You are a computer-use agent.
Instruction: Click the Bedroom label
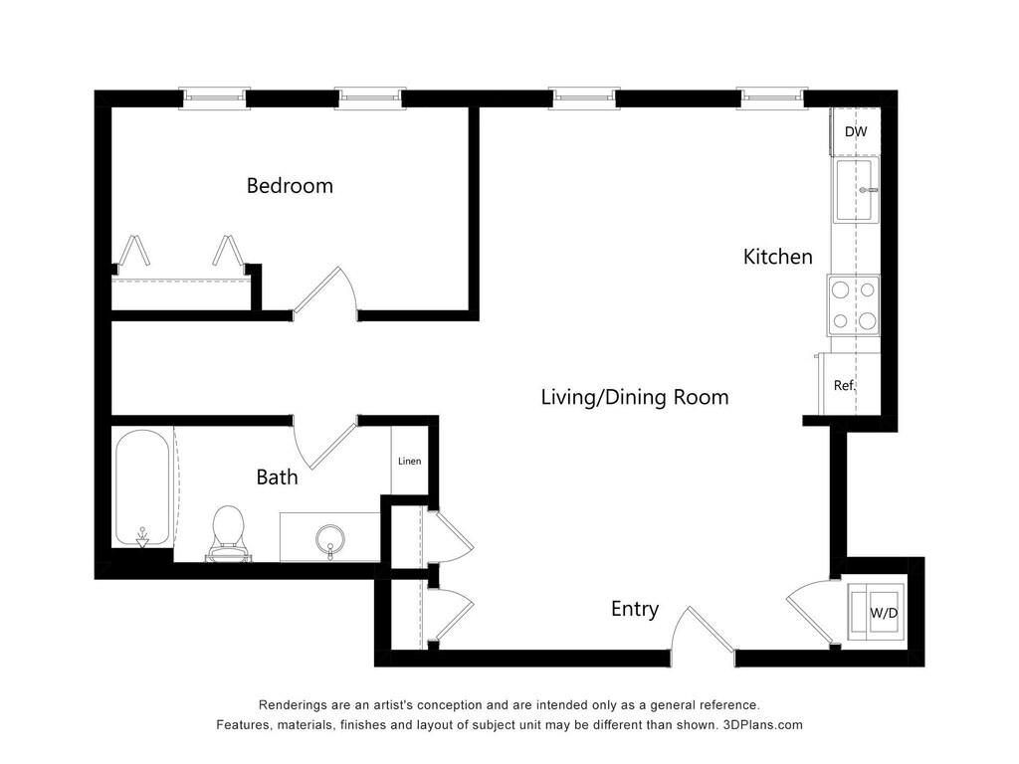tap(290, 186)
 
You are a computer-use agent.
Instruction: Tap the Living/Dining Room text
tap(635, 397)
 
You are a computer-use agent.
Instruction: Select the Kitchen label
tap(778, 257)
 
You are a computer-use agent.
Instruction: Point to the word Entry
tap(635, 609)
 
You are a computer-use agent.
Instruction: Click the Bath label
tap(277, 477)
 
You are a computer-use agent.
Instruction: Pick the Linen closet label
tap(409, 462)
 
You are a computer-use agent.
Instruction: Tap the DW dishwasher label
tap(856, 132)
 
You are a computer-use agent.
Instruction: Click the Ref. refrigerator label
tap(845, 385)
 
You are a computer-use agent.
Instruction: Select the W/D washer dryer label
tap(884, 613)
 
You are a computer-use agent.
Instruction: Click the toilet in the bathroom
tap(228, 534)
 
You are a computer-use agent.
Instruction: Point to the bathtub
tap(143, 488)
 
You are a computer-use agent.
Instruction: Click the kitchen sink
tap(855, 190)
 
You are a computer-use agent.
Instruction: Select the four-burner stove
tap(853, 304)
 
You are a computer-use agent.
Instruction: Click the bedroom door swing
tap(326, 293)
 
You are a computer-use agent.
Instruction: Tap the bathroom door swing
tap(324, 443)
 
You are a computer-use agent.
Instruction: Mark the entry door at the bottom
tap(704, 629)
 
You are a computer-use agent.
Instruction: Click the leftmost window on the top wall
tap(215, 98)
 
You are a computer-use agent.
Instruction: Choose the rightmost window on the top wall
tap(772, 98)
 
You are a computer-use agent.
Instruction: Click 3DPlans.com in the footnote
tap(762, 725)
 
